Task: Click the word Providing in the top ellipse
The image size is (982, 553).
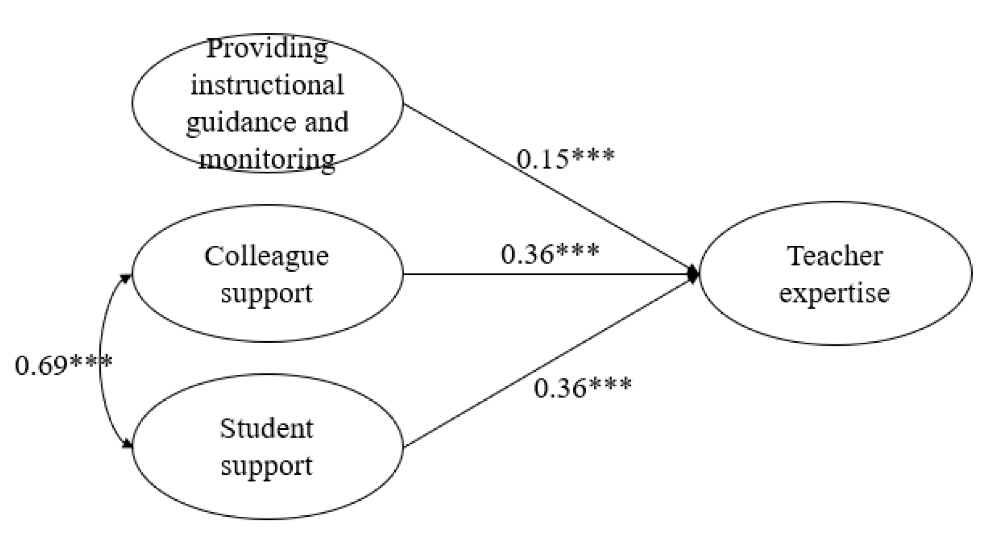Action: (x=267, y=49)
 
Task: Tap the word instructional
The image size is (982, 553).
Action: (x=267, y=85)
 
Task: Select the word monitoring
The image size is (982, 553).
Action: (x=267, y=159)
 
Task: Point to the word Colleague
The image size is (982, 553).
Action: (x=266, y=256)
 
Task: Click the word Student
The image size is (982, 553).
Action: (x=266, y=428)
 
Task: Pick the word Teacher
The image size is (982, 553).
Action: (x=835, y=256)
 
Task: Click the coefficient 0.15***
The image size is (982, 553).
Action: (x=565, y=158)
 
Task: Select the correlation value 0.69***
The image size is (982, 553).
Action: (x=63, y=365)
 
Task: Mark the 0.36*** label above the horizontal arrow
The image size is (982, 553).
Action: (x=550, y=254)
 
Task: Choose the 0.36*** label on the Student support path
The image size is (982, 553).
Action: (x=582, y=387)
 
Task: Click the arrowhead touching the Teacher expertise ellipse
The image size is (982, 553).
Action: (x=693, y=274)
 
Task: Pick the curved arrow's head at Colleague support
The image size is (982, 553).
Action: (x=126, y=278)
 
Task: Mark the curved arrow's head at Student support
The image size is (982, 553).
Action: (x=127, y=444)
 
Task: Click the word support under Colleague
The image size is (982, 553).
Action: (x=266, y=294)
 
